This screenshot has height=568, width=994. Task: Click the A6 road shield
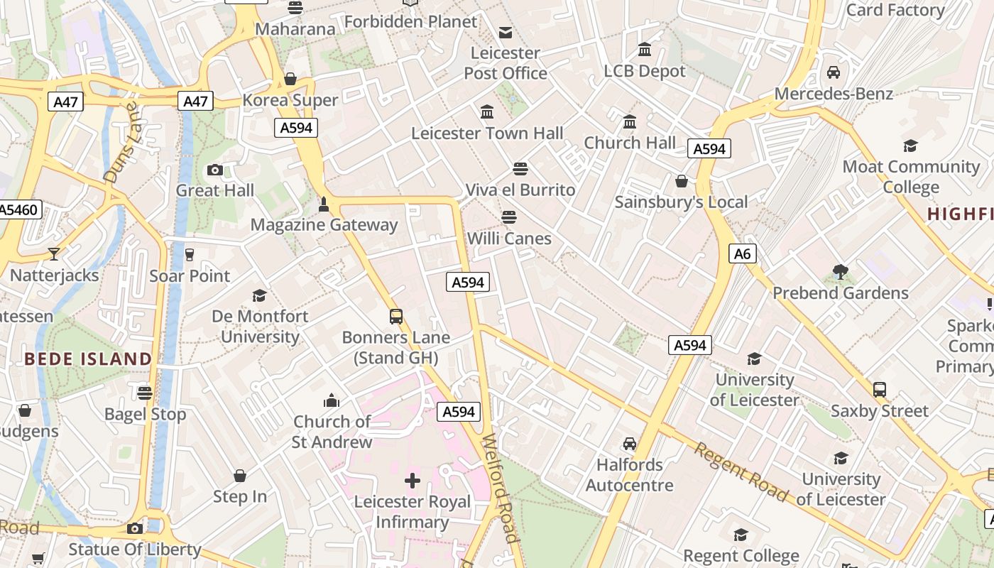tap(742, 253)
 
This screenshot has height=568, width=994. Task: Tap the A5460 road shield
tap(18, 209)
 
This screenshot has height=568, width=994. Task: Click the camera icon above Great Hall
tap(215, 170)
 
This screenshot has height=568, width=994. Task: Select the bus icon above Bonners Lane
tap(396, 317)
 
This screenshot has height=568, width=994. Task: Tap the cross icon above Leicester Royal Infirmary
tap(413, 481)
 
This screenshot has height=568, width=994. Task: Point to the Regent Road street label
tap(741, 471)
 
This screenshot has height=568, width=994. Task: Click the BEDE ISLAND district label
tap(88, 359)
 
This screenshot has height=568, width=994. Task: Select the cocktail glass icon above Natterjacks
tap(54, 253)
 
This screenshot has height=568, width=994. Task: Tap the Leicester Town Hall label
tap(487, 133)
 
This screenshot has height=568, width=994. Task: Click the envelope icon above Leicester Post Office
tap(506, 32)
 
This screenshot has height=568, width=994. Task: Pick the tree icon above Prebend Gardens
tap(841, 272)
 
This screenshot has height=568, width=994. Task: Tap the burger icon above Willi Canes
tap(509, 217)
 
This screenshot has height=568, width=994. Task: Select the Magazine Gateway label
tap(324, 224)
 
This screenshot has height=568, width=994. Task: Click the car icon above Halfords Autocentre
tap(629, 444)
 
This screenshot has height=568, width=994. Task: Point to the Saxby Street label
tap(879, 410)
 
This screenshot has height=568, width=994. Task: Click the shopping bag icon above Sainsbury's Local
tap(682, 181)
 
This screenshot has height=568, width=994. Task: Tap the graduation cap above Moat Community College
tap(910, 146)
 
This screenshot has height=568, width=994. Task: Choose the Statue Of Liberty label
tap(135, 549)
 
